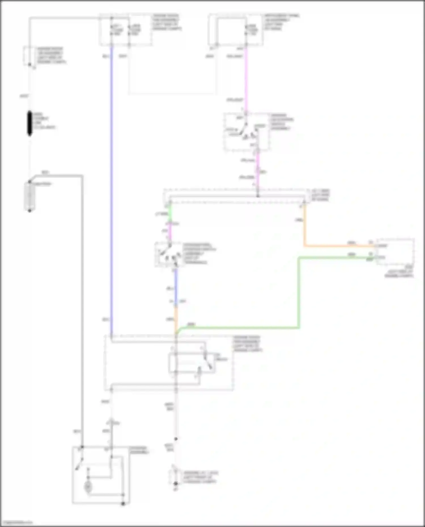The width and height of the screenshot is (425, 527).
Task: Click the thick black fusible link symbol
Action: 29,123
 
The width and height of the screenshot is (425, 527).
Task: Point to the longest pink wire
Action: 246,79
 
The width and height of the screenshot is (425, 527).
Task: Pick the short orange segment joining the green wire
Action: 176,317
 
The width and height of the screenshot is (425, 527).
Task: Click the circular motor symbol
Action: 88,487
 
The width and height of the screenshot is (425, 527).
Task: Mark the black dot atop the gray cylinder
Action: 29,182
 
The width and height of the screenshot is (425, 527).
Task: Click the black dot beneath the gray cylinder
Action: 29,211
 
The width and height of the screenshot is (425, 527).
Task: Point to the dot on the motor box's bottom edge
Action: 123,504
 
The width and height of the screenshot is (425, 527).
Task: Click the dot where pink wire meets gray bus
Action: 258,196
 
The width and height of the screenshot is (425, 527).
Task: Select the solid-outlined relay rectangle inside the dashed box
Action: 192,363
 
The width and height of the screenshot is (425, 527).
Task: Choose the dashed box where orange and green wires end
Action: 396,252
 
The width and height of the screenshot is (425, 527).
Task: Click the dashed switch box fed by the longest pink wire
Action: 246,132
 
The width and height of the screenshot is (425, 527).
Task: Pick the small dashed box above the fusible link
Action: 28,56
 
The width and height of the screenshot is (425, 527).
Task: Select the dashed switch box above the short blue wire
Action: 169,254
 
